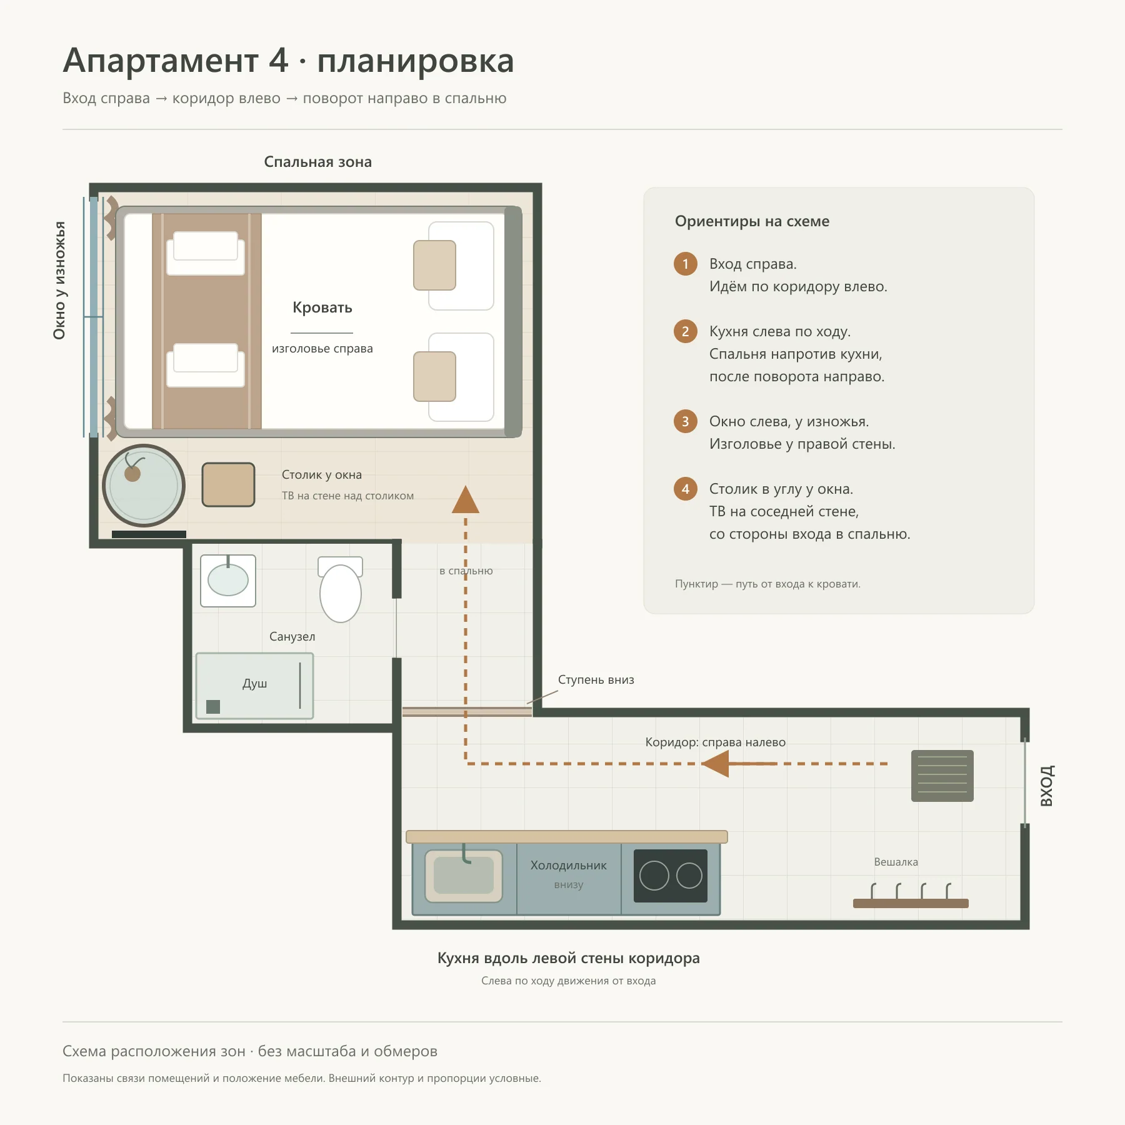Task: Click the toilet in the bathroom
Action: pyautogui.click(x=341, y=589)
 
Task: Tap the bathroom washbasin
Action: pyautogui.click(x=228, y=581)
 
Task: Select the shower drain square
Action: pyautogui.click(x=213, y=707)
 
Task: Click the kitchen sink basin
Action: pyautogui.click(x=464, y=876)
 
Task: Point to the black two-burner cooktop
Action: pyautogui.click(x=671, y=876)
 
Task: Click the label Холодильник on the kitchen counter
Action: pyautogui.click(x=569, y=866)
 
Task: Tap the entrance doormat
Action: pyautogui.click(x=942, y=776)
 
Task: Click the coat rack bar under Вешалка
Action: pyautogui.click(x=911, y=903)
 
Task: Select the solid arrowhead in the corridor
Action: pyautogui.click(x=716, y=764)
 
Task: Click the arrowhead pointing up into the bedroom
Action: pyautogui.click(x=466, y=499)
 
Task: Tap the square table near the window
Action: pyautogui.click(x=229, y=484)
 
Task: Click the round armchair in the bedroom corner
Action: pyautogui.click(x=144, y=485)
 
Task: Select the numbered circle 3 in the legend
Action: pyautogui.click(x=686, y=421)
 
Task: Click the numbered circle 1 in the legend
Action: pyautogui.click(x=686, y=264)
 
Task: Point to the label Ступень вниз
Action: pyautogui.click(x=596, y=679)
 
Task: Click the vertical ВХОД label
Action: pyautogui.click(x=1047, y=786)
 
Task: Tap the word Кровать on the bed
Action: pyautogui.click(x=322, y=307)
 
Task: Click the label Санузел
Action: pyautogui.click(x=292, y=637)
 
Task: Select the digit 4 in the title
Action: pyautogui.click(x=279, y=61)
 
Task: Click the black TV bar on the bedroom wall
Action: pyautogui.click(x=149, y=534)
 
